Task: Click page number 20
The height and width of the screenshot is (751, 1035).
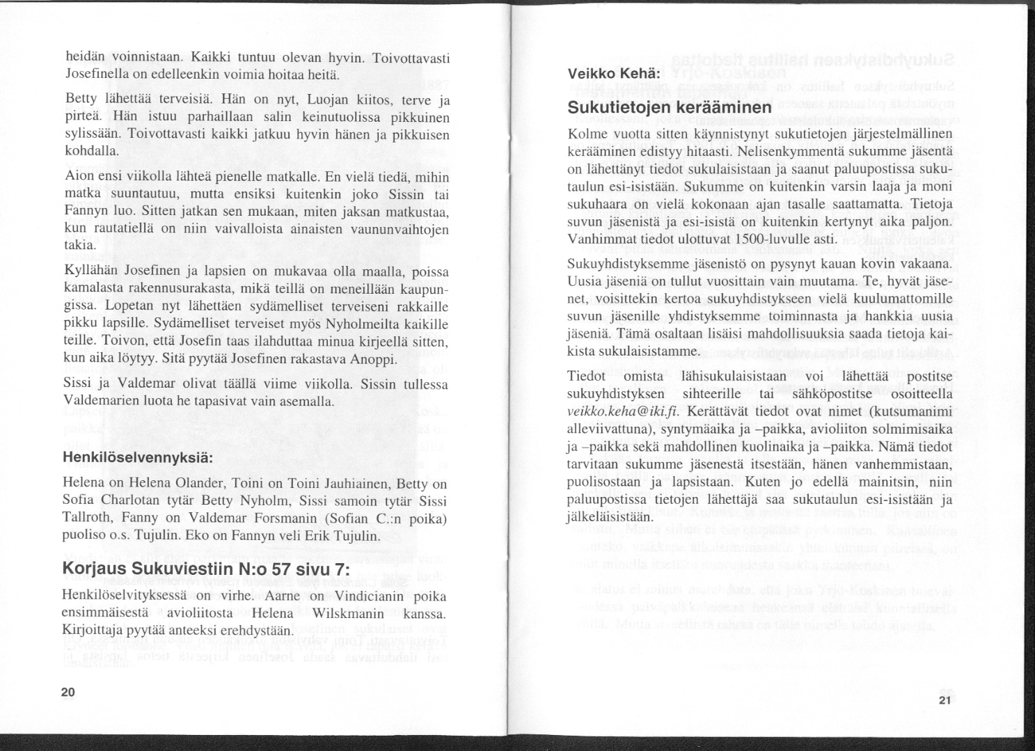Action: tap(68, 692)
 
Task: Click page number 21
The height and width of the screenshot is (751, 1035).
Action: tap(944, 701)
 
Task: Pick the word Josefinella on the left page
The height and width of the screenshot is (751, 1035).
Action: tap(93, 74)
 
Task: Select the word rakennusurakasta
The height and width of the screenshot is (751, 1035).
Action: tap(164, 288)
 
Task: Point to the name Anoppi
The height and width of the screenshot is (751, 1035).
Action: tap(377, 359)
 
